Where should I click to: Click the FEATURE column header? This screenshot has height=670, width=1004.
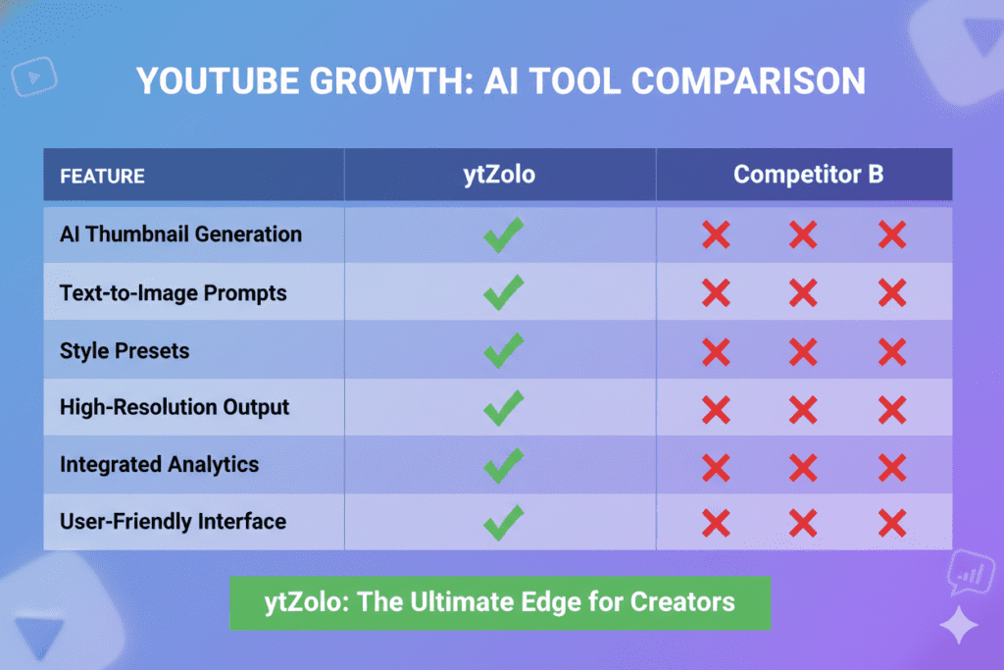pyautogui.click(x=102, y=177)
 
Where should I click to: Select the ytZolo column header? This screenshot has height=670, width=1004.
pyautogui.click(x=500, y=175)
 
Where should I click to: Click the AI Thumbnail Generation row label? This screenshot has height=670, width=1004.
pyautogui.click(x=180, y=234)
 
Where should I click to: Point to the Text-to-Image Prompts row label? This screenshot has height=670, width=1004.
pyautogui.click(x=173, y=292)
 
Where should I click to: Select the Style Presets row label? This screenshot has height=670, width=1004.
pyautogui.click(x=125, y=350)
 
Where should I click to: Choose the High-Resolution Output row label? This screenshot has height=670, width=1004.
pyautogui.click(x=175, y=407)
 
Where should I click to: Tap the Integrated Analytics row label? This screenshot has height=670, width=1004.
pyautogui.click(x=159, y=464)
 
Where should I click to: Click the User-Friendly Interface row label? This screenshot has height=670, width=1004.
pyautogui.click(x=173, y=521)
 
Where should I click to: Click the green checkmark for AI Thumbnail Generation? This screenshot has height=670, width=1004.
pyautogui.click(x=503, y=234)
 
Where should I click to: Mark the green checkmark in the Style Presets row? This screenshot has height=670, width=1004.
pyautogui.click(x=503, y=350)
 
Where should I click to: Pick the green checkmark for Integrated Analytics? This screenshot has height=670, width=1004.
pyautogui.click(x=503, y=465)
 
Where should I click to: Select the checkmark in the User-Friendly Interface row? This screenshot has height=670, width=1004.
pyautogui.click(x=503, y=522)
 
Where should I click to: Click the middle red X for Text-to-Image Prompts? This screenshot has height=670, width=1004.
pyautogui.click(x=803, y=292)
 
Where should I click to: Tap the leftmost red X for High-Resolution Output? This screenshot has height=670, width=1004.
pyautogui.click(x=716, y=408)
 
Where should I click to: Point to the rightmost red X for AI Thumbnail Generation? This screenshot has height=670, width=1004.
pyautogui.click(x=891, y=235)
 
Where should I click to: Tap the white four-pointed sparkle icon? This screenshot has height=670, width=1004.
pyautogui.click(x=958, y=624)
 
